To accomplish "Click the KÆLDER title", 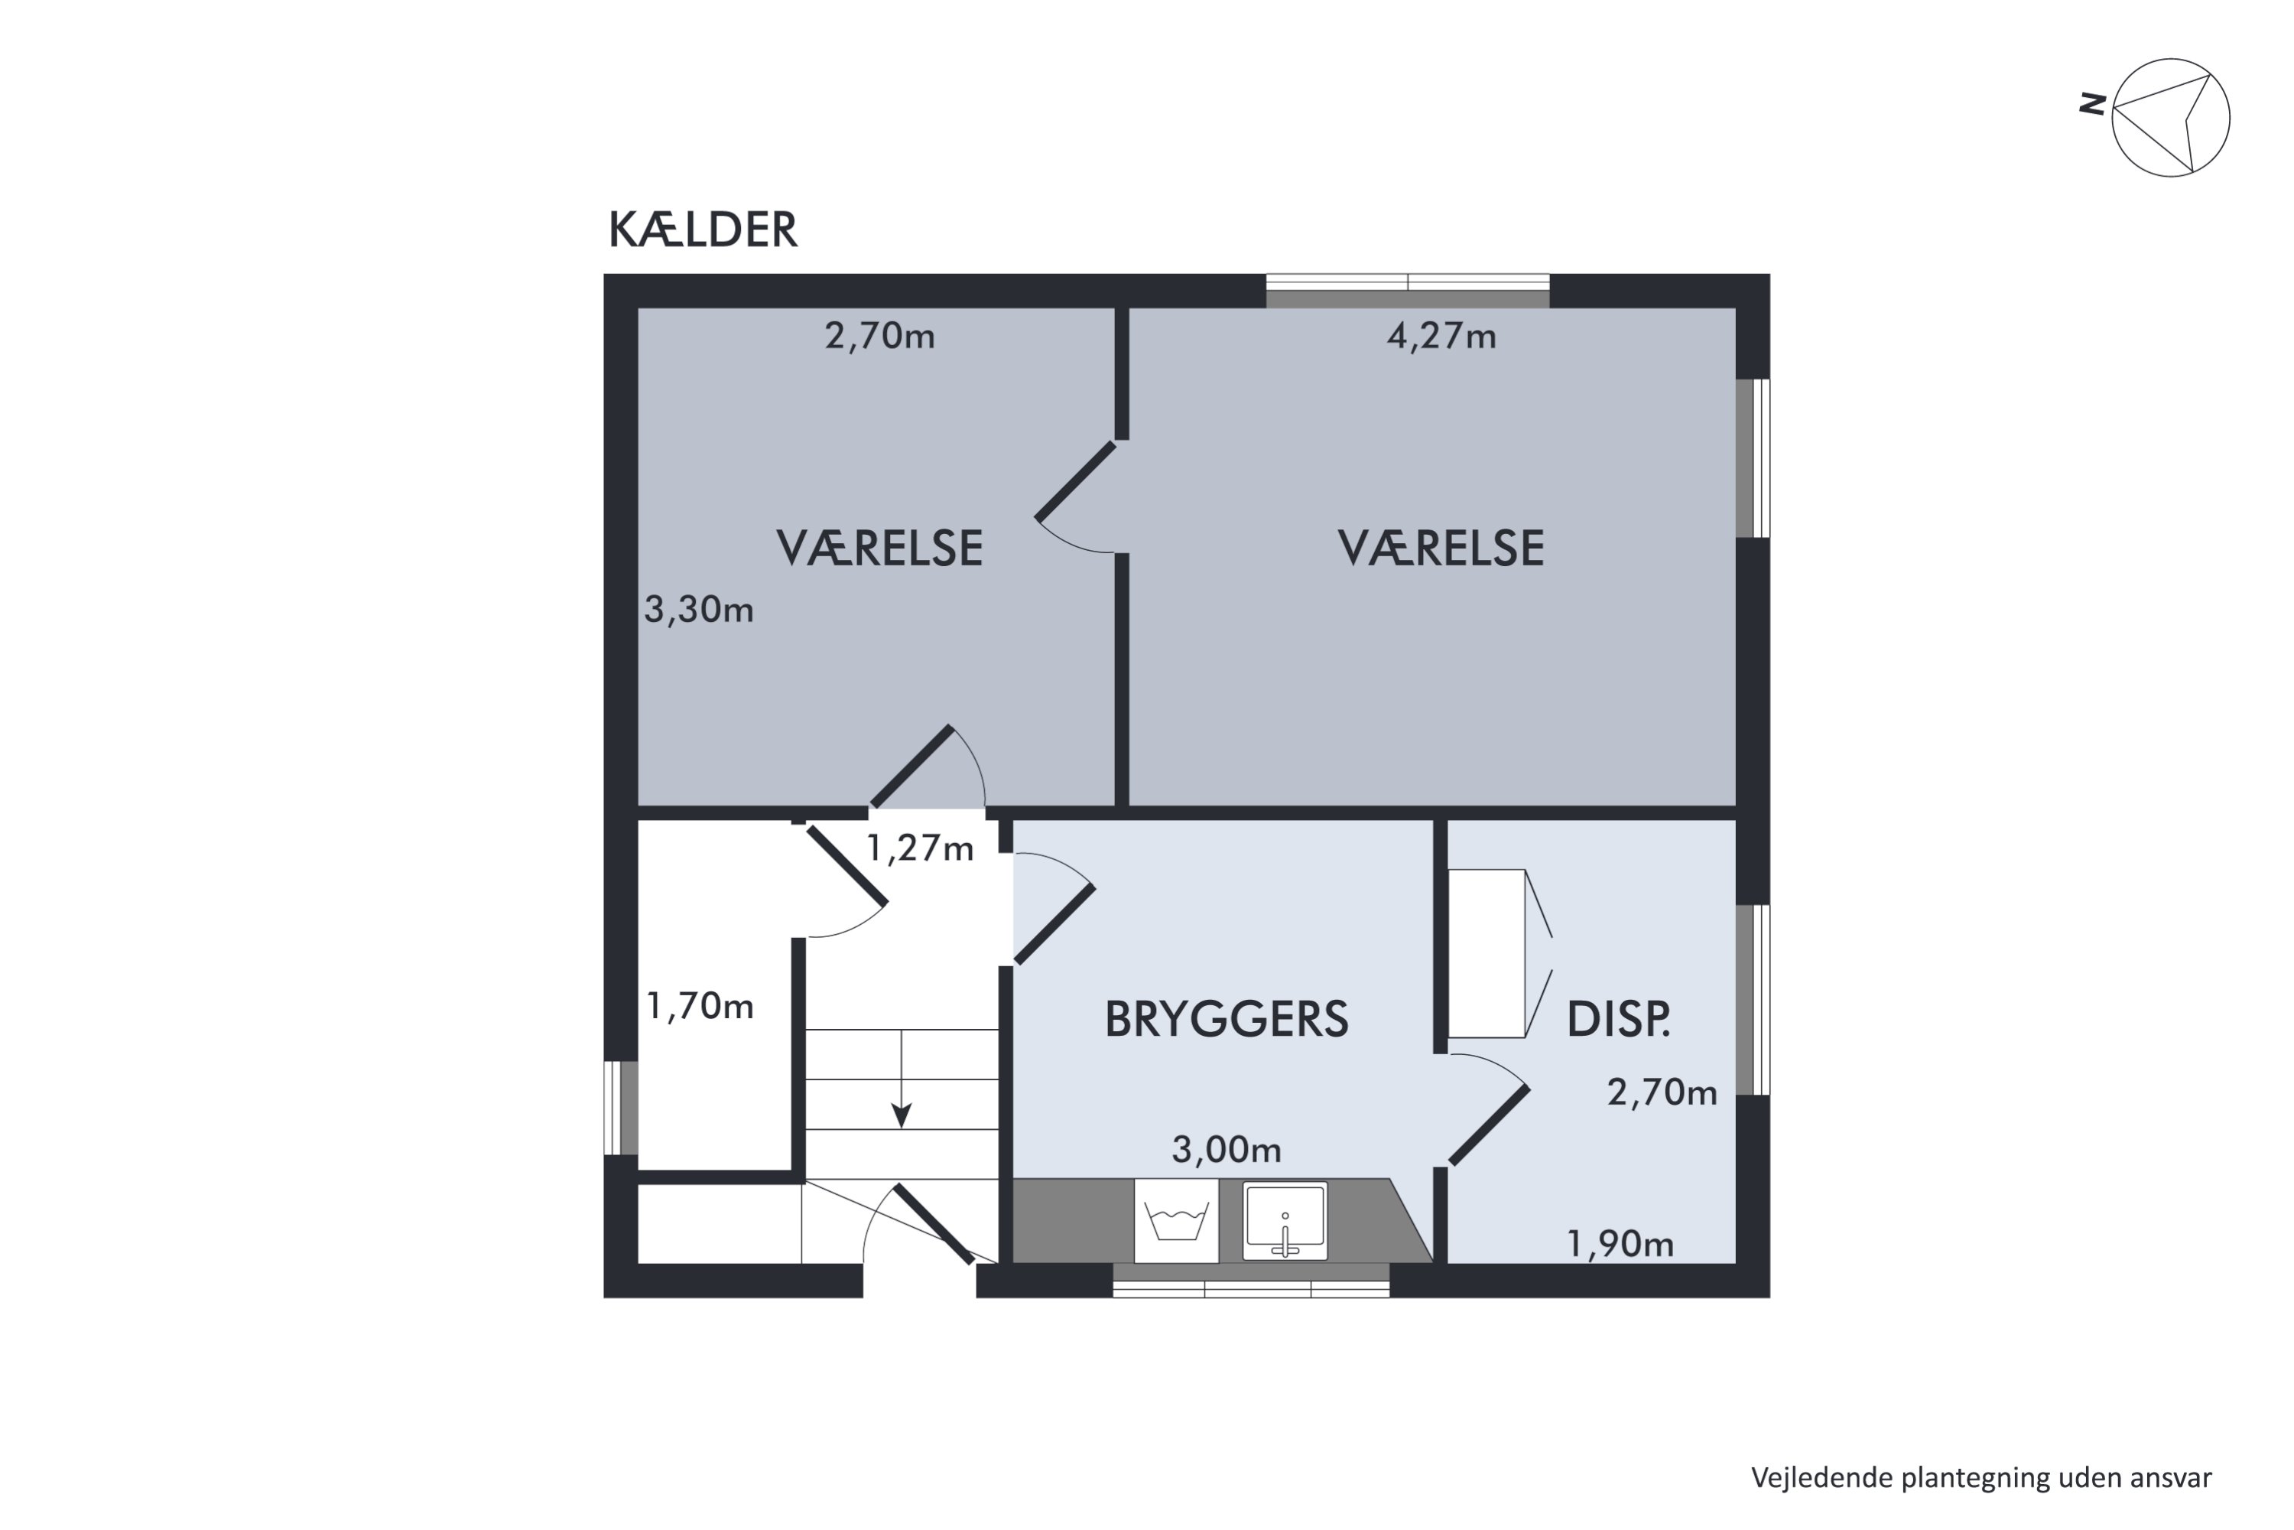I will point(702,230).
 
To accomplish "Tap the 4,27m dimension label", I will point(1441,337).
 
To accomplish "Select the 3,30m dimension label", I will point(698,610).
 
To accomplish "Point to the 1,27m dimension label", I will point(920,849).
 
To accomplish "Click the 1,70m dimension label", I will point(700,1006).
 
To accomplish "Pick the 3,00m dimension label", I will point(1226,1151).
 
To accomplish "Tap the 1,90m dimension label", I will point(1619,1244).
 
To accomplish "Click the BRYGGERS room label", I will point(1226,1020).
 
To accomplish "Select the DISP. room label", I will point(1618,1020).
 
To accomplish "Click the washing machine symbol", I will point(1176,1221).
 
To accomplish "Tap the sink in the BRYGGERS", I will point(1285,1221).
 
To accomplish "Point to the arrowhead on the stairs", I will point(902,1115).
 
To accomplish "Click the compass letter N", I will point(2091,103).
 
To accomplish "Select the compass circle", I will point(2170,118).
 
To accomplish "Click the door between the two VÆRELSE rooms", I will point(1076,480).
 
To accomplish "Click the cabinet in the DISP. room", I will point(1486,953).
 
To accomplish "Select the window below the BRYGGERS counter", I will point(1250,1282).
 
